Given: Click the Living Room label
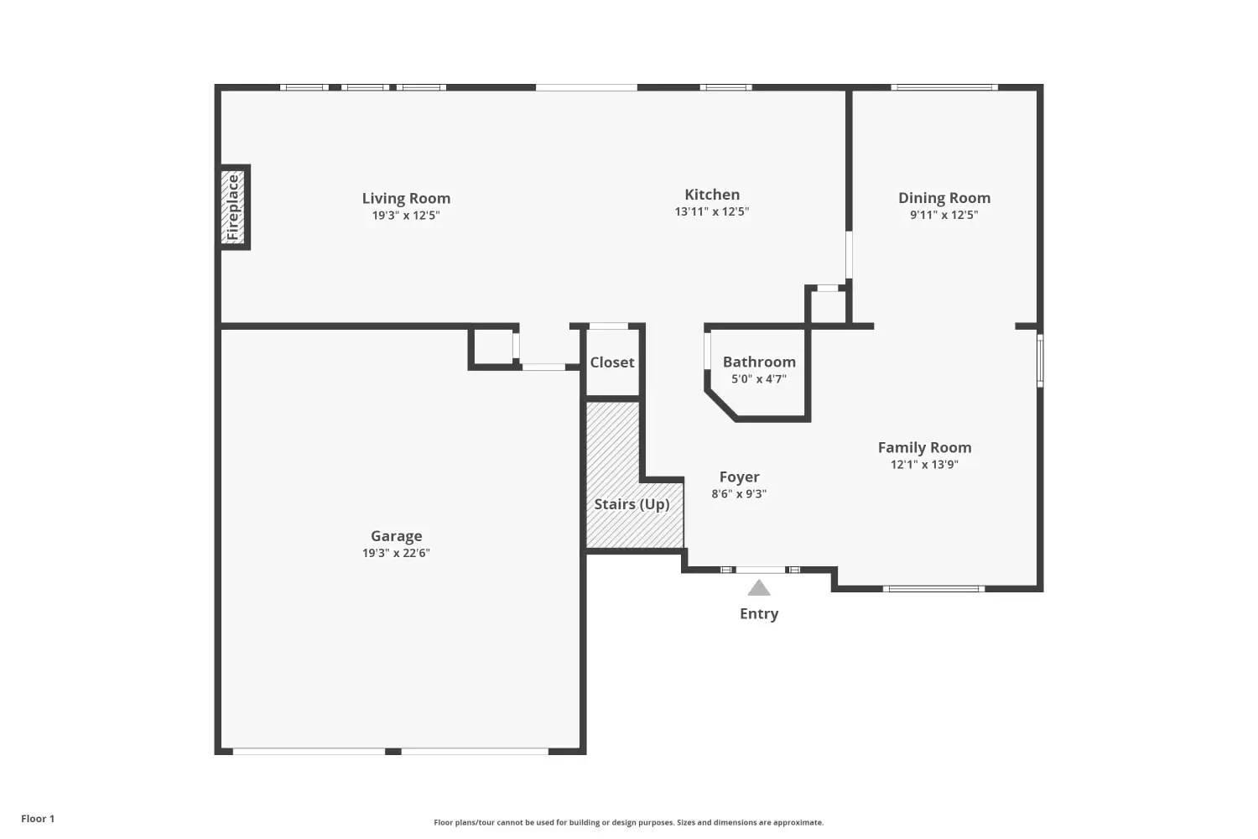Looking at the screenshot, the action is click(x=406, y=198).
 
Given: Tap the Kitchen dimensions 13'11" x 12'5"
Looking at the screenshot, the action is click(x=711, y=211).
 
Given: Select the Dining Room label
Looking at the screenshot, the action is click(x=944, y=198).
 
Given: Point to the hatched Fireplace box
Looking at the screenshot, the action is click(x=233, y=206).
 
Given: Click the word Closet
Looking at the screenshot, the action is click(x=612, y=362).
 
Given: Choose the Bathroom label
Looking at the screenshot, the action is click(x=759, y=362).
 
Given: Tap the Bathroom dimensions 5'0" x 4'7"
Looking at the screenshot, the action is click(x=759, y=378).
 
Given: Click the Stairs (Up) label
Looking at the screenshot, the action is click(x=632, y=504).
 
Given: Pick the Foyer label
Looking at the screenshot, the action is click(x=739, y=477).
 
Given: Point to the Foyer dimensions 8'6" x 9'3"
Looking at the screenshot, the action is click(x=739, y=494).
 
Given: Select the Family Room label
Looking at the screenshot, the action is click(x=924, y=448).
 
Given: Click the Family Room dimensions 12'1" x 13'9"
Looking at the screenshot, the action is click(x=924, y=464).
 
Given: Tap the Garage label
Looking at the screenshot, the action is click(x=396, y=536).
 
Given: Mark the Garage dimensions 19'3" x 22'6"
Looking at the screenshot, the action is click(x=396, y=553).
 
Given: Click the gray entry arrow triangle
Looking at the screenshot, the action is click(x=759, y=588).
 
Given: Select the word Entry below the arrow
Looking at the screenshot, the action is click(x=759, y=613).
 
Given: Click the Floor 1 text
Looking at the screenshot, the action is click(x=39, y=819).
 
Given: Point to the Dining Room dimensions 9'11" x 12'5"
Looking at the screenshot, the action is click(x=944, y=215).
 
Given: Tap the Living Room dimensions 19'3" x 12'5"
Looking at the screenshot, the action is click(x=406, y=216).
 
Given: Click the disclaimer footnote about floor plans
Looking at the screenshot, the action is click(x=628, y=823).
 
